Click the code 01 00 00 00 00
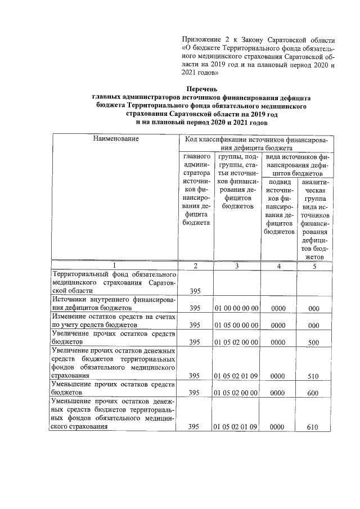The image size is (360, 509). coord(236,308)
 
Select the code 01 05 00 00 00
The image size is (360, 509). coord(236,325)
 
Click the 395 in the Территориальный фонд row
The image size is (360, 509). coord(195,291)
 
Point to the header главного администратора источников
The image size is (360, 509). coord(195,189)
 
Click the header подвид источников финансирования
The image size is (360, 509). coord(279,206)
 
